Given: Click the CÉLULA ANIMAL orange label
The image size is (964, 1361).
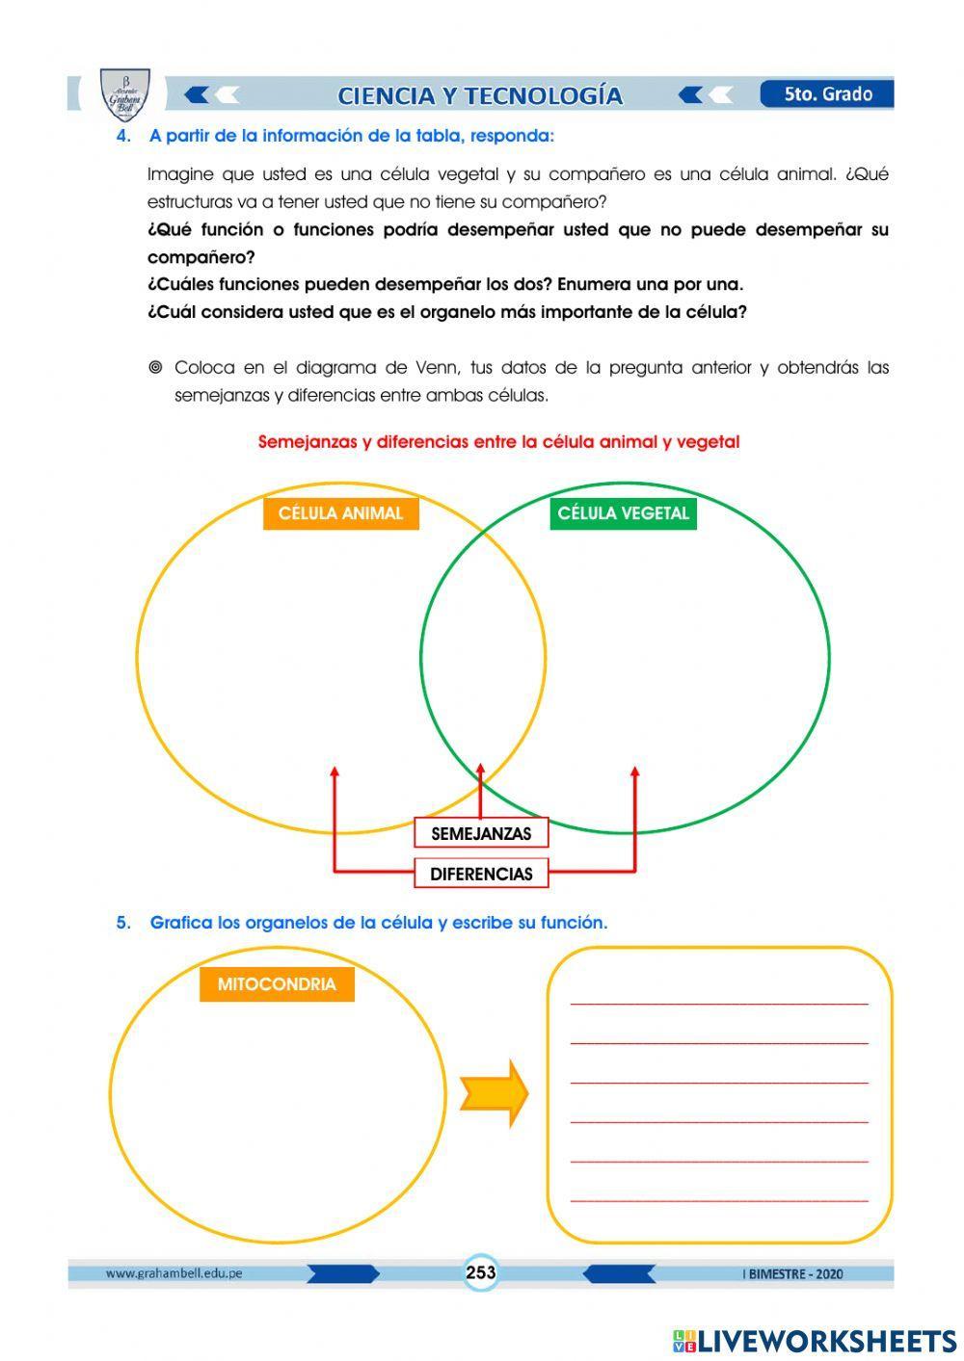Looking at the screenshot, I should [x=340, y=513].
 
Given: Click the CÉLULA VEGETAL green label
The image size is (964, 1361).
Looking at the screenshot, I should [x=623, y=513].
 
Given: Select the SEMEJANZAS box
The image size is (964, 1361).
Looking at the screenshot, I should [x=481, y=833].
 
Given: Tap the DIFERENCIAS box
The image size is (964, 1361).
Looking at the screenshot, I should [x=481, y=874].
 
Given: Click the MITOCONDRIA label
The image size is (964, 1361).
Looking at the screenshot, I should [x=277, y=984].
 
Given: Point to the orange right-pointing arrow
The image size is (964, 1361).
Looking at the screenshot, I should [x=495, y=1094].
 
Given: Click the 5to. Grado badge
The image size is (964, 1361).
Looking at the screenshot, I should [x=827, y=94].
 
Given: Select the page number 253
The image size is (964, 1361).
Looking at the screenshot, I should [x=480, y=1272].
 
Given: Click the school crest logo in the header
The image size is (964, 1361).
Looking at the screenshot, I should [x=125, y=93].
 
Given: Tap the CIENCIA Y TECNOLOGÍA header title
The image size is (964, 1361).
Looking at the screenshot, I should [x=480, y=95].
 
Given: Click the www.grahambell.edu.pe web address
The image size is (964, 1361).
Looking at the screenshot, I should [x=174, y=1273].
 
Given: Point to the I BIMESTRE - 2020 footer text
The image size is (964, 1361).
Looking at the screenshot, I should [x=792, y=1273].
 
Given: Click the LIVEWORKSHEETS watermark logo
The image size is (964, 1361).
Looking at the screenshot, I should [x=814, y=1341].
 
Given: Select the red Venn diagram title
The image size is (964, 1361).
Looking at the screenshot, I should [x=498, y=442].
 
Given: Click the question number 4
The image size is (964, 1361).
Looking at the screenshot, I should [x=122, y=136].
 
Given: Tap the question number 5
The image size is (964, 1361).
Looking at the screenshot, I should [x=122, y=923].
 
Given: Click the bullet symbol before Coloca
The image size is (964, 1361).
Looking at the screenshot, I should [x=155, y=368].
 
